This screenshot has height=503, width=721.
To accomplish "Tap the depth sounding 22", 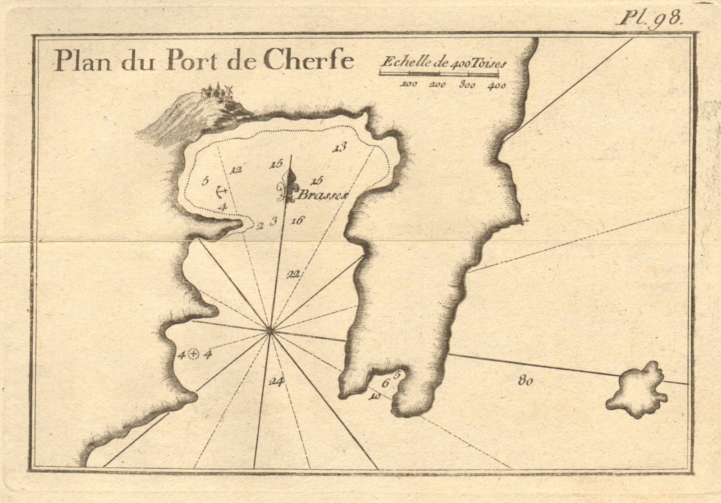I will (293, 276).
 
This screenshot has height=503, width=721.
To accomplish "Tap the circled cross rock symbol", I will (193, 355).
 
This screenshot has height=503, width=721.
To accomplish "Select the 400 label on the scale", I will (496, 85).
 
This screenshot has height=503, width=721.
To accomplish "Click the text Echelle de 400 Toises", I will (443, 63).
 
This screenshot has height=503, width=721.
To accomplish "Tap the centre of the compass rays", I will (270, 332).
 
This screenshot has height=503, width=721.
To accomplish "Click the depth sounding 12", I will (236, 171).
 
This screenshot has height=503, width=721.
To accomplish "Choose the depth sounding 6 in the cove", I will (385, 384).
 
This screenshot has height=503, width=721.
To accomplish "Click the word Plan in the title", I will (80, 61).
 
